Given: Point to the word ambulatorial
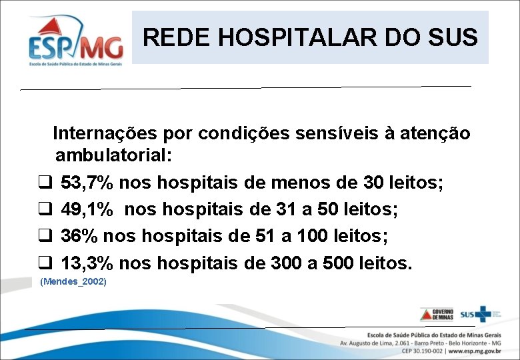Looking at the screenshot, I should click(112, 157).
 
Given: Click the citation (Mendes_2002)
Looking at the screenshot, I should click(73, 282).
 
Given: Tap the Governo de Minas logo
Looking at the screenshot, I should click(436, 314).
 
